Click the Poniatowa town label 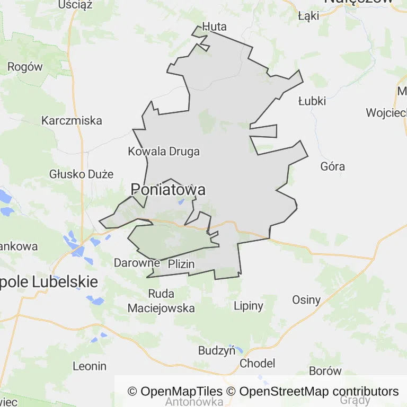[168, 190]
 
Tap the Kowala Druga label [164, 152]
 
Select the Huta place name [214, 27]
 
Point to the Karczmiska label [72, 120]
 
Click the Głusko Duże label [82, 174]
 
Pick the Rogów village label [25, 67]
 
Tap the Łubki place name [312, 101]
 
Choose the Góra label [333, 166]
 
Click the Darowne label [137, 263]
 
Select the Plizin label [181, 264]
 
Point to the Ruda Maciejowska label [161, 300]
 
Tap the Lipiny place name [249, 306]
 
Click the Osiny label [306, 300]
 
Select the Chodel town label [258, 364]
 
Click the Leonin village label [90, 366]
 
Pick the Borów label [325, 371]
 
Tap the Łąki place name [308, 16]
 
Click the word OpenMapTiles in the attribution [182, 392]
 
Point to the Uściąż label [76, 5]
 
